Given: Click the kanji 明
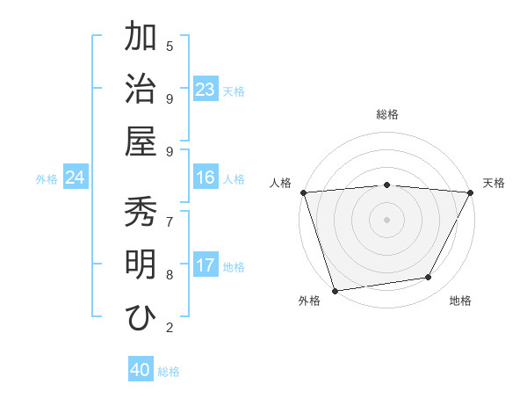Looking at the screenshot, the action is click(x=141, y=264).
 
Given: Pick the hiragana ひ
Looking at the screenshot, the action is click(x=141, y=317).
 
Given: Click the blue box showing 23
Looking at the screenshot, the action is click(x=206, y=90).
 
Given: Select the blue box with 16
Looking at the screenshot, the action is click(x=206, y=178).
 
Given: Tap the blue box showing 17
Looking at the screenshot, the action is click(x=206, y=266).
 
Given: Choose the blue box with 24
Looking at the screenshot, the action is click(x=76, y=178).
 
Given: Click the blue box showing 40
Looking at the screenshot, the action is click(x=141, y=371).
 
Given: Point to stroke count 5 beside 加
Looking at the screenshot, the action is click(x=170, y=46).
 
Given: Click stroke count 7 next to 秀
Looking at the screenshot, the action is click(x=170, y=221).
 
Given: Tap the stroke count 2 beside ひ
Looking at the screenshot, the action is click(x=170, y=328).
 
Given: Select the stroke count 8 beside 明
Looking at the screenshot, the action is click(x=170, y=274).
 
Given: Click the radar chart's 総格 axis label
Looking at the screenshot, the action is click(x=386, y=114).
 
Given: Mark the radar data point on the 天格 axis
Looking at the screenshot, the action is click(x=472, y=192).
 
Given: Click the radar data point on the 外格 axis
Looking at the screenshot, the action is click(x=335, y=290).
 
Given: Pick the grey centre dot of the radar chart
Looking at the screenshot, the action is click(x=386, y=219).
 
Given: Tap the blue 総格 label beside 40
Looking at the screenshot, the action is click(x=169, y=372).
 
